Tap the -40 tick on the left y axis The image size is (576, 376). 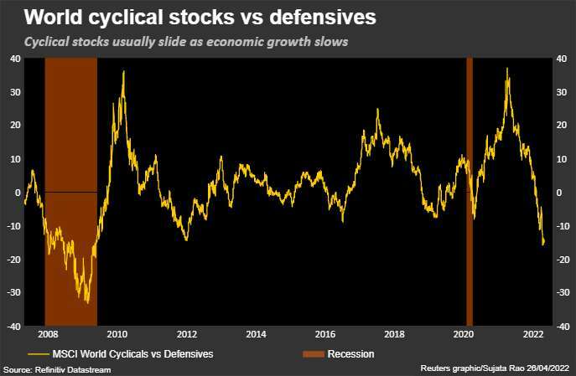(14, 326)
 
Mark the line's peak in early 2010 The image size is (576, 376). (123, 72)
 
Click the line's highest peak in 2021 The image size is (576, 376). (507, 69)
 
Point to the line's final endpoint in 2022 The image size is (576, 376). (543, 243)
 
